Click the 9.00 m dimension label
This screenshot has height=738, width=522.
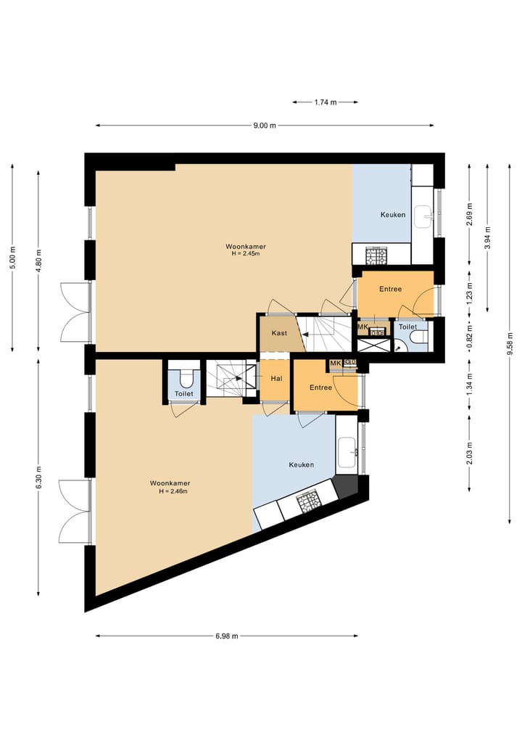[265, 126]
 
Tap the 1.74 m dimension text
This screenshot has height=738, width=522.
[326, 102]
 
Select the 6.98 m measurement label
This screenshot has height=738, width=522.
[227, 636]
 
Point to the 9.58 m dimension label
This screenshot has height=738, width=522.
[510, 343]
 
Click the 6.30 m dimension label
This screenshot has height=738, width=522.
[38, 477]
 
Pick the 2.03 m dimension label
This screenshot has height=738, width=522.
[469, 454]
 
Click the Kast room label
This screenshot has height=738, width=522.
[279, 333]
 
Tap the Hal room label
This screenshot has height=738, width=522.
[276, 378]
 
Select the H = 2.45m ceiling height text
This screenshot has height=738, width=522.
[246, 254]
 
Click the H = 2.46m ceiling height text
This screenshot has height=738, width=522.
[173, 491]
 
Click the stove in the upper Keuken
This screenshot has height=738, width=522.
[376, 255]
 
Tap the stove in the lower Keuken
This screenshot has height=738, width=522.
[307, 501]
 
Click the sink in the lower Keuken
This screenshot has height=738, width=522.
[347, 452]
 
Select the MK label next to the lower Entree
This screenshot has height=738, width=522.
[335, 364]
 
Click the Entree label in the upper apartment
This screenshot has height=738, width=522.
[390, 289]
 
